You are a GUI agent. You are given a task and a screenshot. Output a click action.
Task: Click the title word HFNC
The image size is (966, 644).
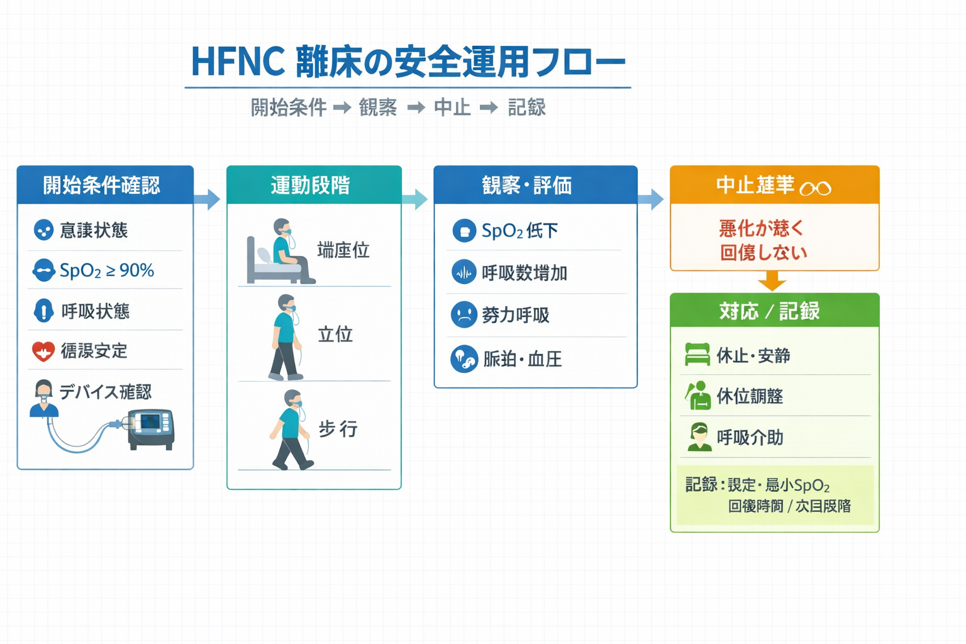tap(237, 62)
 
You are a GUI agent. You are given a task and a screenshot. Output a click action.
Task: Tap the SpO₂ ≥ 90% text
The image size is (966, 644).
tap(106, 270)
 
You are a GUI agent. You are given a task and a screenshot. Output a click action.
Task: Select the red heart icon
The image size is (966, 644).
tap(43, 351)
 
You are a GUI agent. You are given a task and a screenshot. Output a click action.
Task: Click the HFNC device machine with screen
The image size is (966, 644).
tap(150, 428)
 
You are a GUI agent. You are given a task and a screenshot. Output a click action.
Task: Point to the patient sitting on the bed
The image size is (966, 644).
tap(283, 252)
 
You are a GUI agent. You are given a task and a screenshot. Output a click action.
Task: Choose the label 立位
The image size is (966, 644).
tap(335, 334)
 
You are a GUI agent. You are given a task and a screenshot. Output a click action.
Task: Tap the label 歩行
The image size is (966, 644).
tap(338, 429)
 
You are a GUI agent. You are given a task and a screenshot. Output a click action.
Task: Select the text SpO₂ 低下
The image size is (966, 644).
tap(519, 231)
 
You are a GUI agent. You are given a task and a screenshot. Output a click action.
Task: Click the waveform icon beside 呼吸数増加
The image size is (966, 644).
tap(464, 272)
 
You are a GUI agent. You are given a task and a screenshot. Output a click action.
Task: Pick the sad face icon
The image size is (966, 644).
tap(464, 314)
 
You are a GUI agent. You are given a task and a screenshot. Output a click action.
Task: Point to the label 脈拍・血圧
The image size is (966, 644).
tap(522, 359)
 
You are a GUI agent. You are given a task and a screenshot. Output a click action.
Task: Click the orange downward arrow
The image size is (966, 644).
tap(772, 280)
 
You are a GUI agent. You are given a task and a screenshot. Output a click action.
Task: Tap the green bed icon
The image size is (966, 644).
tap(697, 355)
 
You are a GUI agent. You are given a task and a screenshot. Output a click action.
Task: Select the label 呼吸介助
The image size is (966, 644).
tap(750, 437)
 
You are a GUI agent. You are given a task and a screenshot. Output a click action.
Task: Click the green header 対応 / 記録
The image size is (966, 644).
tap(774, 311)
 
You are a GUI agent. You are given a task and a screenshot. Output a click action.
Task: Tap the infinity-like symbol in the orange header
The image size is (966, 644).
tap(816, 187)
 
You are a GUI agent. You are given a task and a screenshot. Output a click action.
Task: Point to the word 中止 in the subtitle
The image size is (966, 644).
tap(452, 108)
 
